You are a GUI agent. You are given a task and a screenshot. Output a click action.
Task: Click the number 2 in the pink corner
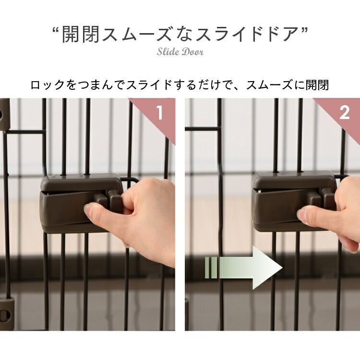[x=344, y=112]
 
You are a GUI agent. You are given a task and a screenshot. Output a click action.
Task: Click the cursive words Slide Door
[x=180, y=52]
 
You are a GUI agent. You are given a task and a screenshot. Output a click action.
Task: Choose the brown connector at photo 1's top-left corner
[x=5, y=115]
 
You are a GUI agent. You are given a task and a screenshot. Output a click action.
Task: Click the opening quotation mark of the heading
[x=56, y=30]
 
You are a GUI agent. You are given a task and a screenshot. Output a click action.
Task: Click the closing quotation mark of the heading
[x=304, y=30]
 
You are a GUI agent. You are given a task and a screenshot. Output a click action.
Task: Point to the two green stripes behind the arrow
[x=211, y=268]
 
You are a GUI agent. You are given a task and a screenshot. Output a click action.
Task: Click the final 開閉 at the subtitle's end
[x=317, y=84]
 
